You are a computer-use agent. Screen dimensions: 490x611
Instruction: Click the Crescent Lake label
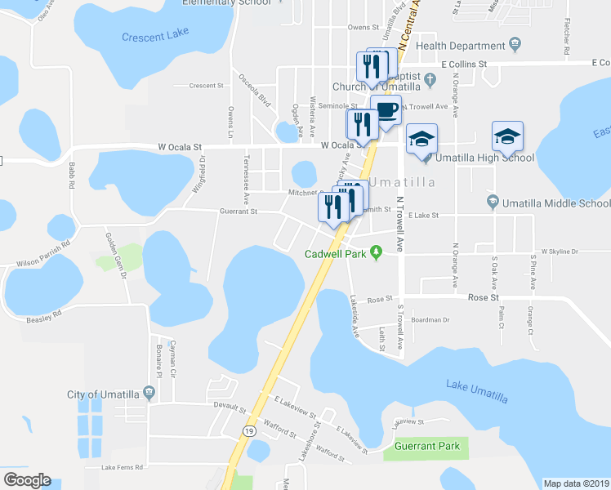pyautogui.click(x=155, y=37)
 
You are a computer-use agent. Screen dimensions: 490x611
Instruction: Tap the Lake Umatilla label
pyautogui.click(x=477, y=390)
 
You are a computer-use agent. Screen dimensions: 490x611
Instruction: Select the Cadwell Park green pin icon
pyautogui.click(x=376, y=253)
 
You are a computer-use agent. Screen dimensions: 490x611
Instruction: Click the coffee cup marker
pyautogui.click(x=386, y=111)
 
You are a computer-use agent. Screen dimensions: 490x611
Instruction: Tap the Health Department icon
pyautogui.click(x=515, y=44)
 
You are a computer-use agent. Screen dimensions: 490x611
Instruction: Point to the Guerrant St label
pyautogui.click(x=239, y=212)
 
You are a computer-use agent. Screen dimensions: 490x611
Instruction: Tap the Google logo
pyautogui.click(x=27, y=480)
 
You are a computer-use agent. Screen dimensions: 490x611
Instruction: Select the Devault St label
pyautogui.click(x=229, y=405)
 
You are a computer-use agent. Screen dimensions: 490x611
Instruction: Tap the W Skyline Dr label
pyautogui.click(x=559, y=252)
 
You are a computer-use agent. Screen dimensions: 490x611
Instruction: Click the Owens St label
pyautogui.click(x=363, y=27)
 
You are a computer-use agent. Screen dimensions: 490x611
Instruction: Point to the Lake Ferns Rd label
pyautogui.click(x=123, y=467)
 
